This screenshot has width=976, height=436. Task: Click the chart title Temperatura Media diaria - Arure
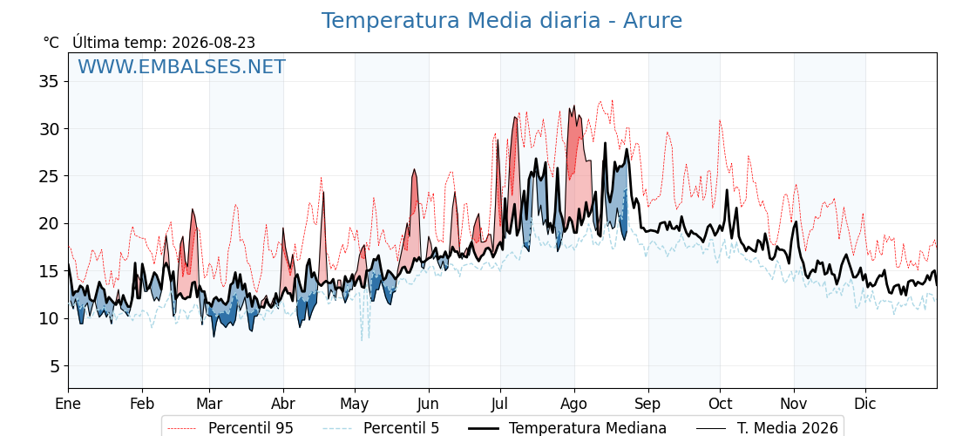502,21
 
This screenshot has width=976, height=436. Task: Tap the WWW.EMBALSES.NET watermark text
182,66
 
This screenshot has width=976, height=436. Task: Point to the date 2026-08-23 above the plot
213,43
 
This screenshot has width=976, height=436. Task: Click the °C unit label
51,43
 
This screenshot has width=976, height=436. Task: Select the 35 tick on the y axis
51,82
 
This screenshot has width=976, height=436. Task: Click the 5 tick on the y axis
55,365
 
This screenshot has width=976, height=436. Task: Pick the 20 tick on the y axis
51,223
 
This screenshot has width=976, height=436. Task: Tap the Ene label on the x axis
69,404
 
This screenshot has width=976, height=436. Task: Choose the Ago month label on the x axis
574,404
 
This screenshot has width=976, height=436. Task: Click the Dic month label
865,404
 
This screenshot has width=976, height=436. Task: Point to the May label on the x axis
355,404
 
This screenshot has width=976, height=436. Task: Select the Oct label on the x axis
720,404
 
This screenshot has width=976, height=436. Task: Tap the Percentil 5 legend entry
382,428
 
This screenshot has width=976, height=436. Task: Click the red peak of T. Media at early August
574,106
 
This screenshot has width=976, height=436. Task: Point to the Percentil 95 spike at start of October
720,120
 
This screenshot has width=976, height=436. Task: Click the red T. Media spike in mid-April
323,193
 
